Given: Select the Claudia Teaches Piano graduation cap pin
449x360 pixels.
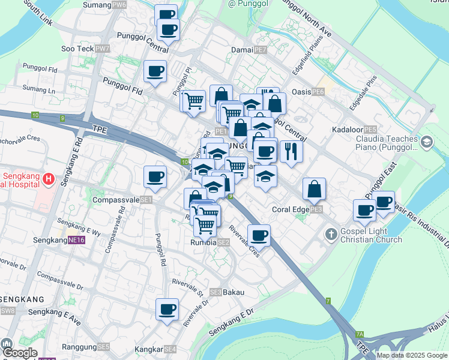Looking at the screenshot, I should tap(427, 142).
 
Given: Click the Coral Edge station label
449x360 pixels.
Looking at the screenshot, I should tap(297, 209).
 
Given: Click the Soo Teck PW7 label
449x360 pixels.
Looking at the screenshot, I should tap(86, 48).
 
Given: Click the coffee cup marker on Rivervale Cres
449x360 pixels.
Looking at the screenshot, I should tap(259, 235).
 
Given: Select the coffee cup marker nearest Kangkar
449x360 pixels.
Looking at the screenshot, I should tap(167, 309).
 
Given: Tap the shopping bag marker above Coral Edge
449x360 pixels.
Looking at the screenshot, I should tap(314, 189).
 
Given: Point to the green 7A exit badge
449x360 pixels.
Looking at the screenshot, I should tap(359, 334).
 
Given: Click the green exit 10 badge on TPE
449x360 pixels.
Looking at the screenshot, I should tap(36, 115).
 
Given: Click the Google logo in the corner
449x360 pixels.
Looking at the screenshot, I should tap(19, 352).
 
